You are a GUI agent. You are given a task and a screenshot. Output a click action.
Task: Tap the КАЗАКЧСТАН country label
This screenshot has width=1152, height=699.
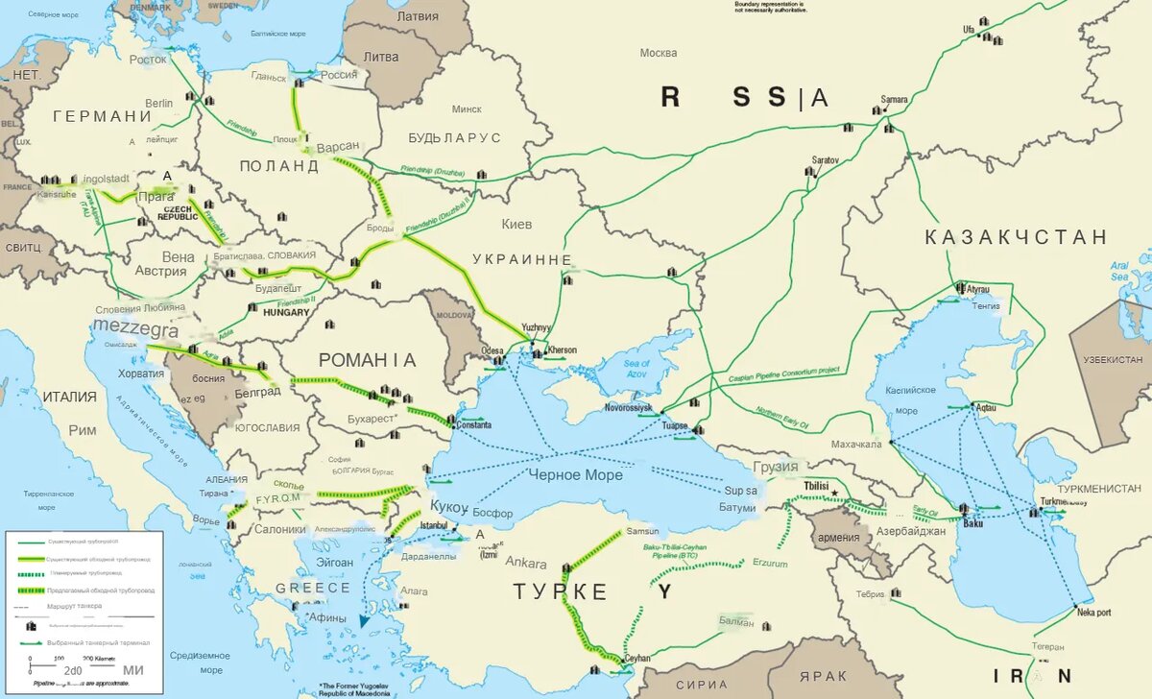pyautogui.click(x=1016, y=237)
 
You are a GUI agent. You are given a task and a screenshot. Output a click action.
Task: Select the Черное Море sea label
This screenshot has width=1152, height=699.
pyautogui.click(x=575, y=475)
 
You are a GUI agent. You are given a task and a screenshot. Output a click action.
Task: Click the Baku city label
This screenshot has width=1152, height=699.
pyautogui.click(x=972, y=523)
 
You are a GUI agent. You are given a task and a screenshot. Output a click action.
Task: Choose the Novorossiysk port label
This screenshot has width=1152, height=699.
pyautogui.click(x=628, y=408)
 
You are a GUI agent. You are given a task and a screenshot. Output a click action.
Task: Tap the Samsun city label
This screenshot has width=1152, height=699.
pyautogui.click(x=642, y=531)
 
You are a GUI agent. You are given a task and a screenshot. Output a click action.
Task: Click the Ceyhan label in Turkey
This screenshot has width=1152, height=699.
pyautogui.click(x=637, y=659)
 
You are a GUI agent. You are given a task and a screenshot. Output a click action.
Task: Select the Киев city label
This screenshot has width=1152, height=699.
pyautogui.click(x=516, y=224)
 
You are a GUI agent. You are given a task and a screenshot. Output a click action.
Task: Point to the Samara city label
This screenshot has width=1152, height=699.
pyautogui.click(x=895, y=99)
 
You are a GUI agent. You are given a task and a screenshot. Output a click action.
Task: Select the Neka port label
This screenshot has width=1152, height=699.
pyautogui.click(x=1093, y=612)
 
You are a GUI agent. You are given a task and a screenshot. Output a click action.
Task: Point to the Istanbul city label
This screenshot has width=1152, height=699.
pyautogui.click(x=435, y=525)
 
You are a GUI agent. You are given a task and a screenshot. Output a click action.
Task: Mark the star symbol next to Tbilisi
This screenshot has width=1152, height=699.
pyautogui.click(x=835, y=494)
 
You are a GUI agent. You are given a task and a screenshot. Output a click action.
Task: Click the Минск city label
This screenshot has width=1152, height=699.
pyautogui.click(x=467, y=108)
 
